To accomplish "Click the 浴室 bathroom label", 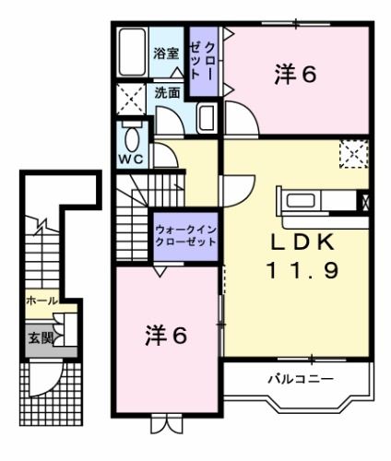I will coord(167,53).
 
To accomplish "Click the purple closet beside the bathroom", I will coord(204,62).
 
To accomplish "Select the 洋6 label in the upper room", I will coord(294,75).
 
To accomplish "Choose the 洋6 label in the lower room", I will coord(166,336).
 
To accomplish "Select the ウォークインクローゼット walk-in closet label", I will coord(185,235).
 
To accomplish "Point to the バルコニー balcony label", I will coord(301,379).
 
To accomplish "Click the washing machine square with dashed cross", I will coord(131,98).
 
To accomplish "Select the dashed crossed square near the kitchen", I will coord(353,153).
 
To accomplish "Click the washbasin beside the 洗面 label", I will coord(206,117).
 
